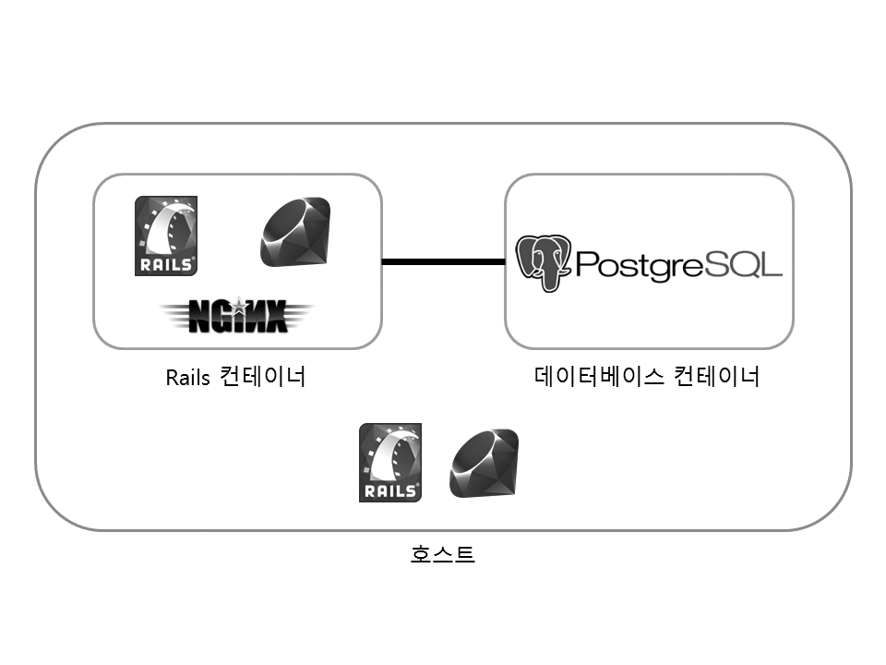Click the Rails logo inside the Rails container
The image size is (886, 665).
[166, 236]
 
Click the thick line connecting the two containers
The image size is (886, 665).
[443, 262]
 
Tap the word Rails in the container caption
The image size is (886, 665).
[188, 379]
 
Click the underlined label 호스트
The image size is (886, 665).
[443, 555]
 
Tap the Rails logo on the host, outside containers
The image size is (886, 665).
[389, 462]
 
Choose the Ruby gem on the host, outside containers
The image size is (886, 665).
[484, 462]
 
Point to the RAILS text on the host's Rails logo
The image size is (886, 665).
[389, 490]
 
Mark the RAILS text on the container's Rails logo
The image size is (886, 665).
[166, 264]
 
